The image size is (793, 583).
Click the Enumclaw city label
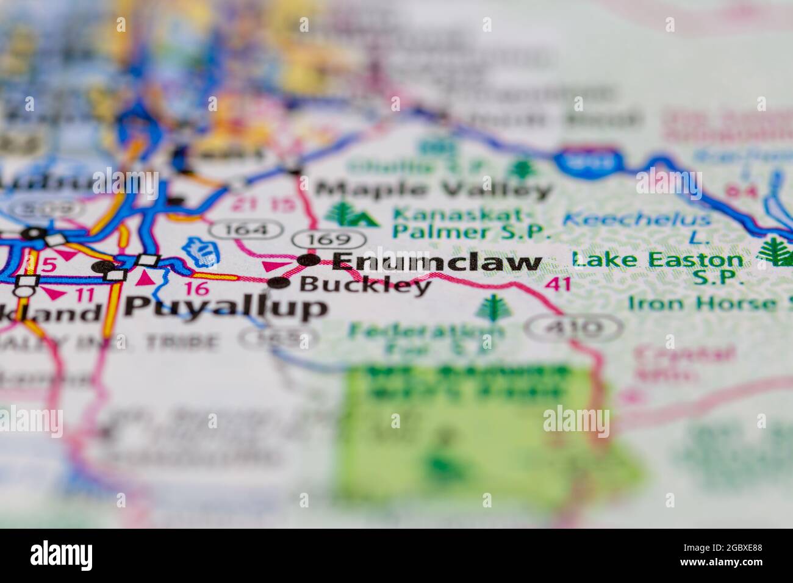click(x=437, y=262)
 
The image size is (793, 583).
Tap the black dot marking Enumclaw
click(x=309, y=260)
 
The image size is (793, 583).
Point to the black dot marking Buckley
click(x=280, y=282)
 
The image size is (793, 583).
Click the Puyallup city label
click(x=226, y=309)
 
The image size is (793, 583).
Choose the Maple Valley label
click(x=434, y=190)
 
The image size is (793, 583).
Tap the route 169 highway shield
click(x=329, y=239)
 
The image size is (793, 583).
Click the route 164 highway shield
click(x=247, y=230)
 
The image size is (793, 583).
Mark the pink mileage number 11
click(x=86, y=296)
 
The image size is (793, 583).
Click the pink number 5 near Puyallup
click(x=50, y=266)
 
